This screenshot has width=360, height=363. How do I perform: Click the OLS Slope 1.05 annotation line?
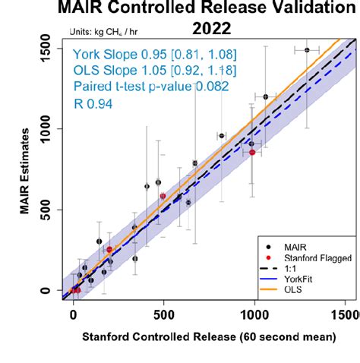(144, 71)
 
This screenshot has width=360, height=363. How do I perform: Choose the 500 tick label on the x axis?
(163, 313)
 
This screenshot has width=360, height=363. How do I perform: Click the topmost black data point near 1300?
(307, 50)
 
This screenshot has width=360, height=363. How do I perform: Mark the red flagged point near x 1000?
(253, 153)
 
